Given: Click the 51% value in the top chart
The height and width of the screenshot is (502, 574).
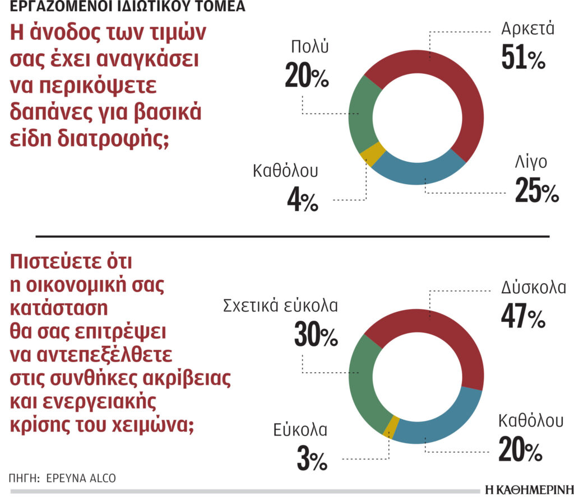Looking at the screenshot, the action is click(x=523, y=57).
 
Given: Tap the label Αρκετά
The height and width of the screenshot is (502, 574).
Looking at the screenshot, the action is click(x=527, y=29).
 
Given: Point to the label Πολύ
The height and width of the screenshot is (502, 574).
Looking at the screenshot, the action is click(x=309, y=47).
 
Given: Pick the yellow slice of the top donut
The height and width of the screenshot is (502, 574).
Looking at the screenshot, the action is click(x=373, y=154).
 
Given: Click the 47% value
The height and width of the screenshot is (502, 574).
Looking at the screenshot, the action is click(x=523, y=316).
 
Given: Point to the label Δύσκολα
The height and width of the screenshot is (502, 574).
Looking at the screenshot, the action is click(x=534, y=288).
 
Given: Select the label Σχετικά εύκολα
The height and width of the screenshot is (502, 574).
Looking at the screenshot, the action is click(x=280, y=306).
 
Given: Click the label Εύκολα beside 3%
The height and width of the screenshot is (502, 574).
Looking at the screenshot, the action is click(x=300, y=430).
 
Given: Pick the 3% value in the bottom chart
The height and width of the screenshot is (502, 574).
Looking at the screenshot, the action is click(x=312, y=459).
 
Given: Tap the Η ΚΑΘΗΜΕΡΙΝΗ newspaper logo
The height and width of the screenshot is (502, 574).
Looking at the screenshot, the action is click(x=529, y=490).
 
